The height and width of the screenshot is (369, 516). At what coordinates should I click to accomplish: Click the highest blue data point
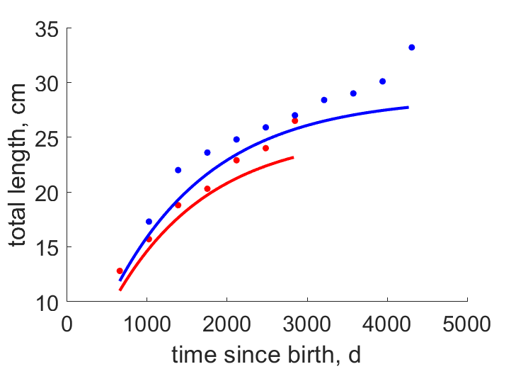411,47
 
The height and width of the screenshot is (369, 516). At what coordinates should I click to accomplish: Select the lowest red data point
120,271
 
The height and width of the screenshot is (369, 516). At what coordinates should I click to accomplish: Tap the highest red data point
295,121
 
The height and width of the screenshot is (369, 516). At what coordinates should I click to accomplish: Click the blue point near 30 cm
382,81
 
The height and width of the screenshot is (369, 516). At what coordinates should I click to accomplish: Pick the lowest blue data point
149,222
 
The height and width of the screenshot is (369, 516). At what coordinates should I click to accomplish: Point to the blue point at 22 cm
178,170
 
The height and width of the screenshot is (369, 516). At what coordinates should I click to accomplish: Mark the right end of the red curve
293,158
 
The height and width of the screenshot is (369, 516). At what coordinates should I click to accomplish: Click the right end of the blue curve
408,108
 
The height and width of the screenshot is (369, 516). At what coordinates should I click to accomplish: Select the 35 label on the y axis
47,29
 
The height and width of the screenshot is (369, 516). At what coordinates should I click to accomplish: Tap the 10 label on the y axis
47,303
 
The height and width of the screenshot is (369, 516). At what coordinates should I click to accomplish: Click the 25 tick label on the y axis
47,139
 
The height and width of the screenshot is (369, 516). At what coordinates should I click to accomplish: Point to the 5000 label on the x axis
466,324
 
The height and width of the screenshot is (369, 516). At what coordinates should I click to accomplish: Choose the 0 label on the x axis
67,324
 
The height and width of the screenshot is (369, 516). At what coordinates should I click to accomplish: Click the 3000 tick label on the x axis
306,324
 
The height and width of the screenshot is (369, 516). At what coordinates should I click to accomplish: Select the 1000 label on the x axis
147,324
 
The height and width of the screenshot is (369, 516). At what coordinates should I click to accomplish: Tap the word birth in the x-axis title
311,355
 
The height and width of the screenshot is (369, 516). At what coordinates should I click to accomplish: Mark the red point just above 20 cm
207,188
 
